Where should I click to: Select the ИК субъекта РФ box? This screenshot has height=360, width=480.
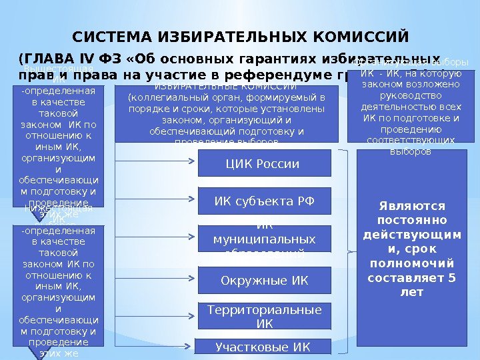265,200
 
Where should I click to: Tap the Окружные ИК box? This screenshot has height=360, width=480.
265,281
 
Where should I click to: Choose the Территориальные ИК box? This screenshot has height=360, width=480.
265,317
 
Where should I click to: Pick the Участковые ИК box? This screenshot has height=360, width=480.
263,347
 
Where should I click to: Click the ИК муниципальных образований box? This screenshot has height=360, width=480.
265,238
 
